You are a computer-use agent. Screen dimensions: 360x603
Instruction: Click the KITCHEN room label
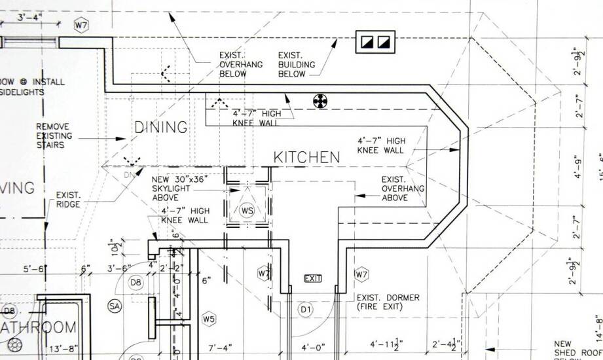[x=306, y=157]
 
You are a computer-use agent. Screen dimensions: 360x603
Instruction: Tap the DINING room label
[x=161, y=127]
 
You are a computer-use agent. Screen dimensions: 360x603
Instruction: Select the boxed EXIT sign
[x=313, y=279]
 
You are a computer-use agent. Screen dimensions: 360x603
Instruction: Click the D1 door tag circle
[x=305, y=308]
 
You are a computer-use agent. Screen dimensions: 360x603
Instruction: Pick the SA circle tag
[x=115, y=306]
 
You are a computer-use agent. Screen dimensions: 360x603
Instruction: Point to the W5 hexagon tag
[x=209, y=319]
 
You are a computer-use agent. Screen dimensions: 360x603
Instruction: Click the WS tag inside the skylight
[x=247, y=211]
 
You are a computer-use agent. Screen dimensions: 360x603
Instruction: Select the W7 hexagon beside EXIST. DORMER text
[x=361, y=274]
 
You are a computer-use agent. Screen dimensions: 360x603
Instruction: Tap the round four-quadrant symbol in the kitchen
[x=320, y=101]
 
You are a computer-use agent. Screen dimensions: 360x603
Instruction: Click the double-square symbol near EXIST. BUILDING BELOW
[x=376, y=43]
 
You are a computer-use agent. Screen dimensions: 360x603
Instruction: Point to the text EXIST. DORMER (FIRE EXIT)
[x=388, y=302]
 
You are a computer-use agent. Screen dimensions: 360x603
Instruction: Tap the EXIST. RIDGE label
[x=68, y=200]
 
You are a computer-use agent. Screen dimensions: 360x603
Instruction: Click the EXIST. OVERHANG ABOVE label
[x=403, y=189]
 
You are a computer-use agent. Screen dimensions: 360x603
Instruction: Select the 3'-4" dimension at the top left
[x=29, y=18]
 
